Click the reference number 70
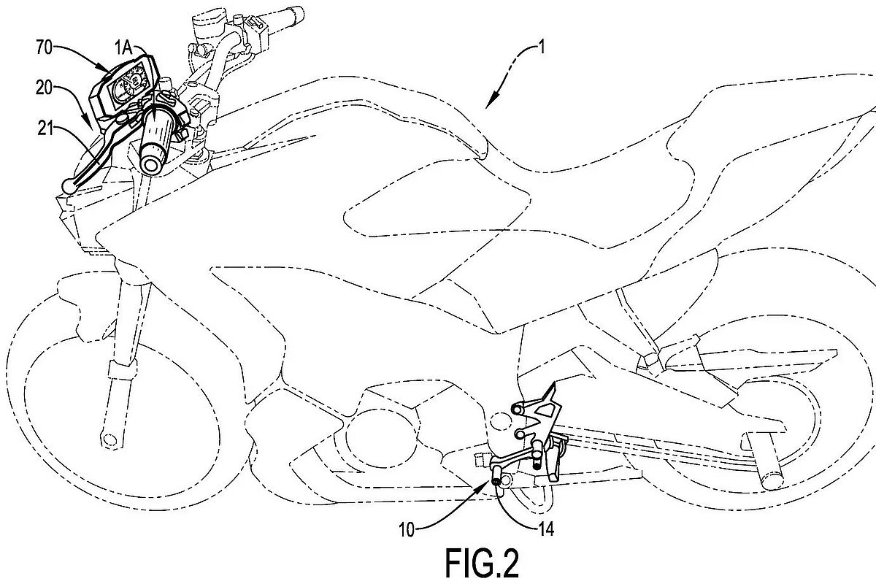pos(45,47)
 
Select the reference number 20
pos(45,88)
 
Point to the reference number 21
pos(45,128)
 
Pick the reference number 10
pos(407,531)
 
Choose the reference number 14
pos(546,529)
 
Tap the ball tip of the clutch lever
pos(69,185)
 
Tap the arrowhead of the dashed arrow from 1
pos(491,101)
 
